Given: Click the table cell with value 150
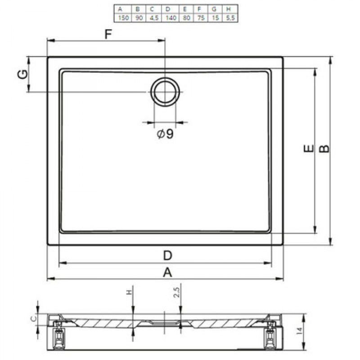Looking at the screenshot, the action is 123,18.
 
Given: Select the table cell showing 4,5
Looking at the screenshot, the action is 154,18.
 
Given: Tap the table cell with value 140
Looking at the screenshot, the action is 171,18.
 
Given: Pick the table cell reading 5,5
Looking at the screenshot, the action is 230,18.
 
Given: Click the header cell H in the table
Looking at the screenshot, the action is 228,9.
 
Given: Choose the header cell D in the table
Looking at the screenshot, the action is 168,9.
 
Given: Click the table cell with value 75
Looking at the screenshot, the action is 201,18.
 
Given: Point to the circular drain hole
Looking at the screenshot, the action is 165,92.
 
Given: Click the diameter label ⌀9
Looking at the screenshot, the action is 165,134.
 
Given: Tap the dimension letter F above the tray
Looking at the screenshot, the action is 108,34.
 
